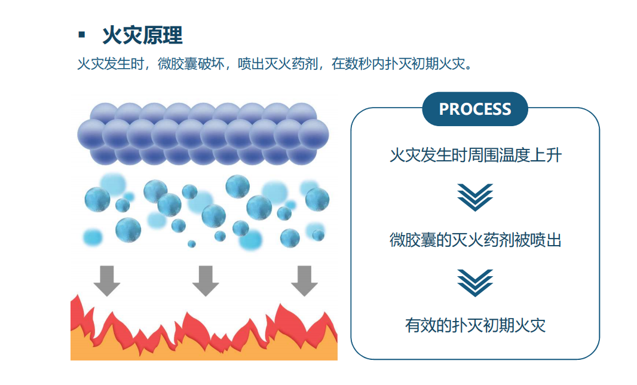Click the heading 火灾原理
(143, 35)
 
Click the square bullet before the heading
(82, 35)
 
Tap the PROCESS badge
(475, 109)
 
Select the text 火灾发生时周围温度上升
(475, 155)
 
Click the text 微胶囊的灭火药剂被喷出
(475, 240)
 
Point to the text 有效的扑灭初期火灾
(475, 325)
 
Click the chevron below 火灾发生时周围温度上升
(475, 197)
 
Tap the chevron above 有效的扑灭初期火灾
(475, 283)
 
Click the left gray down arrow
(107, 281)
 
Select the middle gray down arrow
(206, 281)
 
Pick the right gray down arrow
(304, 281)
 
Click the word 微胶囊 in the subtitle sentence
(177, 64)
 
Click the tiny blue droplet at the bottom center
(192, 244)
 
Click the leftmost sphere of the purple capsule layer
(92, 135)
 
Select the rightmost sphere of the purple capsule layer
(314, 135)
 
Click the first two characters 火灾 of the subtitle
(91, 64)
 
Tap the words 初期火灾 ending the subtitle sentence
(439, 64)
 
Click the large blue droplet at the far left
(97, 200)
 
